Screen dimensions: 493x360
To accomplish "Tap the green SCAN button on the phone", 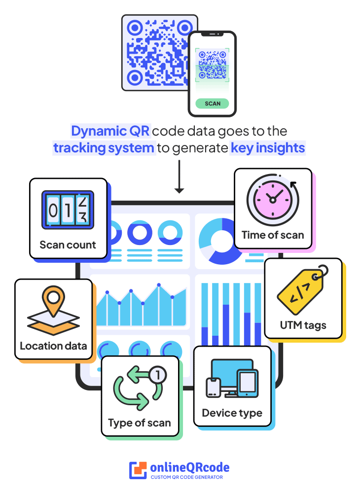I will tap(212, 104).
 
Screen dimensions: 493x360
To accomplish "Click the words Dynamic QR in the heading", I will tap(110, 132).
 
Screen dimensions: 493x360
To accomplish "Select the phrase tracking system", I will tap(104, 148).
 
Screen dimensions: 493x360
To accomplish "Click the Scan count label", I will tap(68, 245).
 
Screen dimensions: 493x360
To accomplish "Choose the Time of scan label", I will tap(273, 235).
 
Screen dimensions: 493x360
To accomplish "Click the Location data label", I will tap(53, 346).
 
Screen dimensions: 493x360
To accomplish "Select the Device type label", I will tap(232, 413).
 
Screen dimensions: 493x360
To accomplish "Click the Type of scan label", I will tap(140, 423).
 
